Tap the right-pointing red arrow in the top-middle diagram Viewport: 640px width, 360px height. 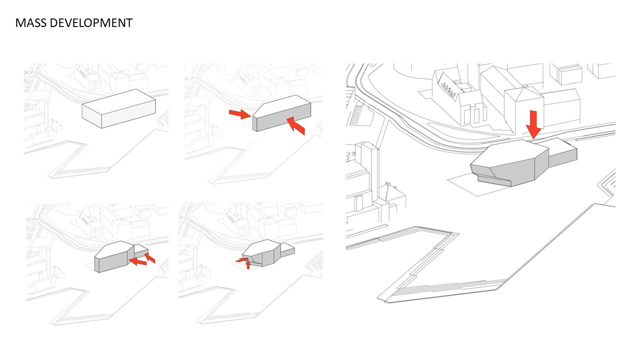239,114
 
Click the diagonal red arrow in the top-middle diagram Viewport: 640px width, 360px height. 296,126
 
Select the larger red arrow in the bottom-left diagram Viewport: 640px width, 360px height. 138,261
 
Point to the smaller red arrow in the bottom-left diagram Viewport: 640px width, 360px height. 150,258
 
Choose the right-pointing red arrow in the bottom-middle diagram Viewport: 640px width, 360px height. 242,259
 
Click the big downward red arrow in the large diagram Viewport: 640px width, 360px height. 534,124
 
